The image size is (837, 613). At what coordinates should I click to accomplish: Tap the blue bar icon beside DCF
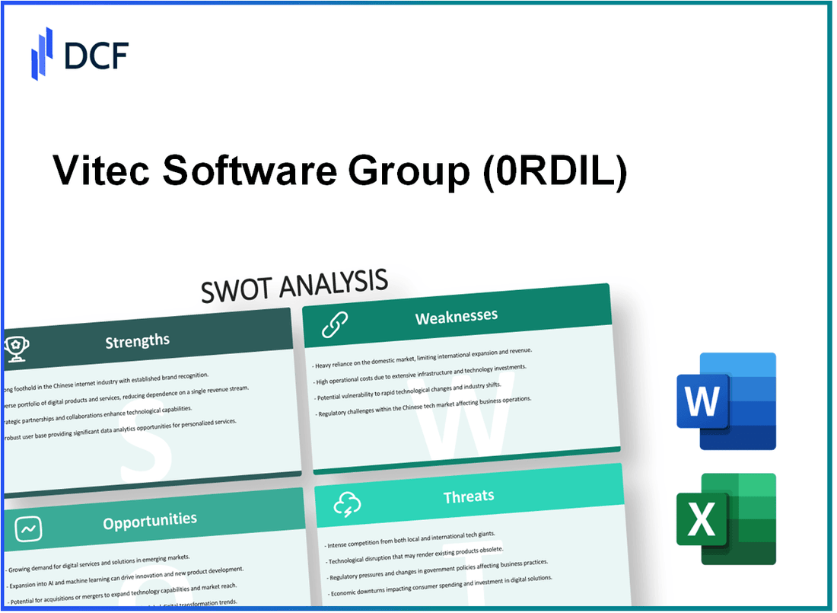(42, 53)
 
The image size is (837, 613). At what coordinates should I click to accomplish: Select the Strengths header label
(137, 340)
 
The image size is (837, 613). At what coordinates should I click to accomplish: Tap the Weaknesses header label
(456, 316)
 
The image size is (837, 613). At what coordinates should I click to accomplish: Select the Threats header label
(468, 496)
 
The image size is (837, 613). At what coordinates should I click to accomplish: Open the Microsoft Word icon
(726, 401)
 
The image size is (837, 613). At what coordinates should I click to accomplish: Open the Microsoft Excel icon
(726, 519)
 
